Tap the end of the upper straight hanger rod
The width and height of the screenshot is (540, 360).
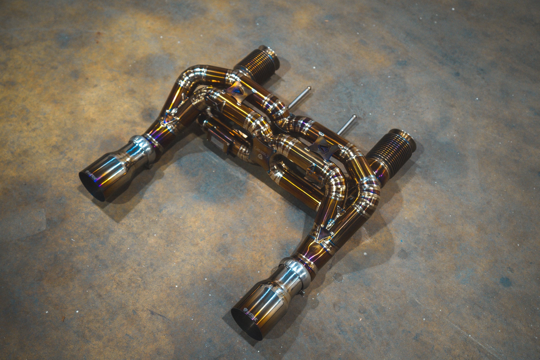point(309,89)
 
